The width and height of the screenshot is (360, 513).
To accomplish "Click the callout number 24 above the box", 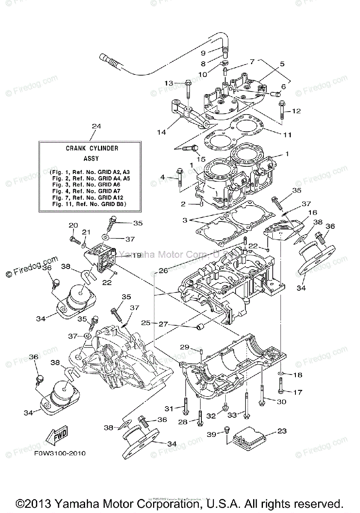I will click(97, 126).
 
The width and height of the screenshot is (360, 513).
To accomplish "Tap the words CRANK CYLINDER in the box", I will click(92, 148).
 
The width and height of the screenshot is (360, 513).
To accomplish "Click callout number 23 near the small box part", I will click(282, 431).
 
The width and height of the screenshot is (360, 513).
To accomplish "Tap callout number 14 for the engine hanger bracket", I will click(161, 132).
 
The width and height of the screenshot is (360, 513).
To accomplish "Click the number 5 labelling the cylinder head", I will click(282, 64).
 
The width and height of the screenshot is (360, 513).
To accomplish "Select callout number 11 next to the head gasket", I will click(287, 135).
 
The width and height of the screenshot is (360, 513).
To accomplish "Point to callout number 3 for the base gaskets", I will click(185, 221).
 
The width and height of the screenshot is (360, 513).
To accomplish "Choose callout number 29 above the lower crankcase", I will click(184, 347).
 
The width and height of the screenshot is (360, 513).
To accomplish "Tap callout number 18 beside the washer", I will click(298, 375).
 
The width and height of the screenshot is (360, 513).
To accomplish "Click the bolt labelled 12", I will click(282, 110).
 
